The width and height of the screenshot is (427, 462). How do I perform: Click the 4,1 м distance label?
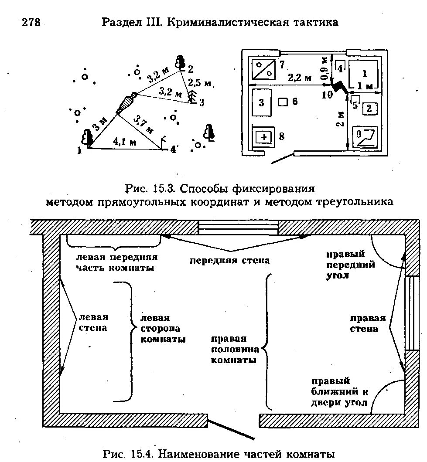(125, 142)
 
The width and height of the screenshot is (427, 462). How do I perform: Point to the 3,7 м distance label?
(143, 124)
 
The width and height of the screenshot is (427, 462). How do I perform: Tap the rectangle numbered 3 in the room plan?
(261, 103)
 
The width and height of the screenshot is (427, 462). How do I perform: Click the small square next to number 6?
(283, 102)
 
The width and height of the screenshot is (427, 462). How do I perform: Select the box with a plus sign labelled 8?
(264, 137)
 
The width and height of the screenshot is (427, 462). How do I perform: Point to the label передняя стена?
(229, 261)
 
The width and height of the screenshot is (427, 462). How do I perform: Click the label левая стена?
(93, 323)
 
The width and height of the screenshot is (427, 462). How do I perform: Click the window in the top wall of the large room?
(238, 227)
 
